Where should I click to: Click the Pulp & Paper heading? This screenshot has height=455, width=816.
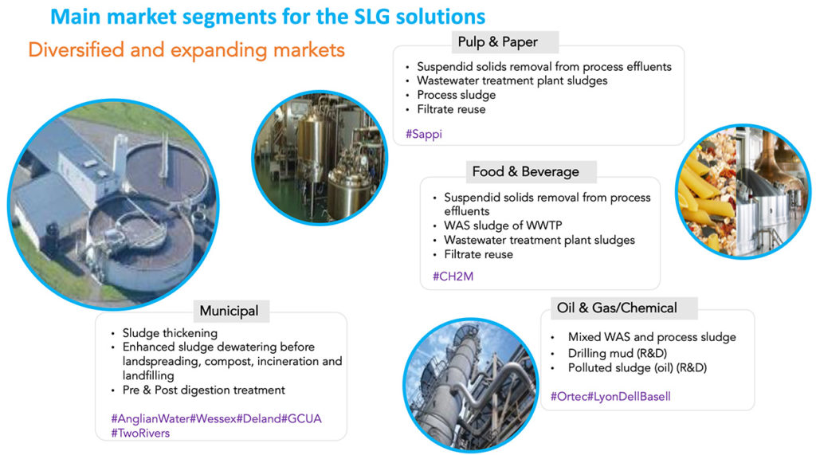pyautogui.click(x=497, y=42)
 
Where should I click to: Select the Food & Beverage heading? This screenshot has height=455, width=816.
pyautogui.click(x=526, y=172)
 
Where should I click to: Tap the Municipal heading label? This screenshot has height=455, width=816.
pyautogui.click(x=229, y=311)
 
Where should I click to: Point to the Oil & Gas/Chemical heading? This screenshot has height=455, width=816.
pyautogui.click(x=617, y=308)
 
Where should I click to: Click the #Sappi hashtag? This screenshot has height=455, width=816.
pyautogui.click(x=424, y=135)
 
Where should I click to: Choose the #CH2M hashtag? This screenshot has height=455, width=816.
pyautogui.click(x=453, y=277)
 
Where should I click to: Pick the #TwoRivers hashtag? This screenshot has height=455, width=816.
pyautogui.click(x=140, y=433)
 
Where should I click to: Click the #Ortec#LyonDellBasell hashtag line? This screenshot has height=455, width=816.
pyautogui.click(x=610, y=397)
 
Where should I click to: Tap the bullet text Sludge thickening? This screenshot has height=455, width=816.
pyautogui.click(x=170, y=333)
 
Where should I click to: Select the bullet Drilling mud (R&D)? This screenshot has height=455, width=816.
pyautogui.click(x=618, y=353)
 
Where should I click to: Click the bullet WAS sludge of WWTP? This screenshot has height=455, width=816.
pyautogui.click(x=503, y=226)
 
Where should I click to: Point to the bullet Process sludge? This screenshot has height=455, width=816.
pyautogui.click(x=456, y=96)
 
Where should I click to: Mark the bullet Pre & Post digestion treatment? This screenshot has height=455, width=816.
pyautogui.click(x=203, y=390)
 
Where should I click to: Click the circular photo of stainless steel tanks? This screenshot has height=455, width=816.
pyautogui.click(x=320, y=158)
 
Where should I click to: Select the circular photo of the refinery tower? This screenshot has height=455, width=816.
pyautogui.click(x=470, y=385)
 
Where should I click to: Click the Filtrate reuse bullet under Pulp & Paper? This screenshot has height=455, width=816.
pyautogui.click(x=451, y=109)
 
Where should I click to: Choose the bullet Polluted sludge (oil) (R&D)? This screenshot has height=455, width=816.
pyautogui.click(x=637, y=368)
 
